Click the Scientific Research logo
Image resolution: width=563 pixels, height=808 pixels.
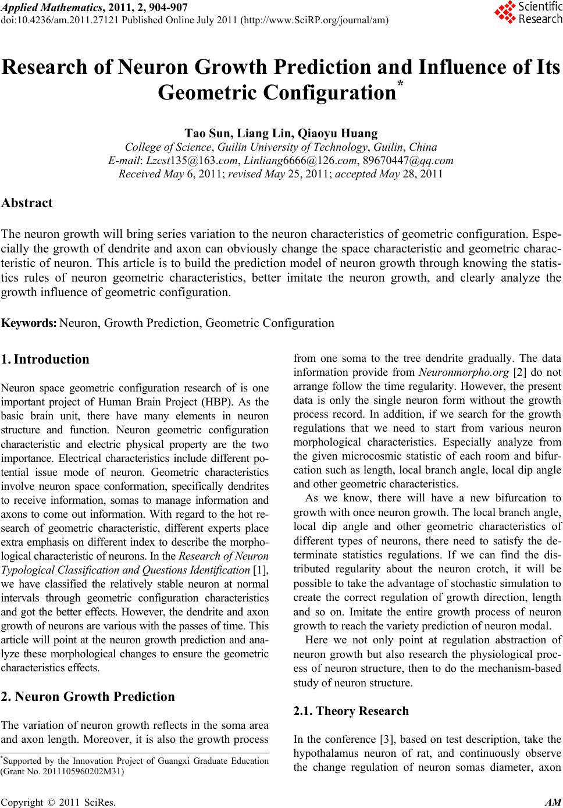pyautogui.click(x=528, y=13)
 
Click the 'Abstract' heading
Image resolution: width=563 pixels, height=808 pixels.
pyautogui.click(x=27, y=203)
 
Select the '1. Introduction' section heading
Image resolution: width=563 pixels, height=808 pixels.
pyautogui.click(x=45, y=359)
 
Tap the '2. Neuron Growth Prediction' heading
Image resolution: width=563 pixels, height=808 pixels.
pyautogui.click(x=88, y=696)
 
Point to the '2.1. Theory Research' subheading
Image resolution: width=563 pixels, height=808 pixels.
pyautogui.click(x=351, y=711)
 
